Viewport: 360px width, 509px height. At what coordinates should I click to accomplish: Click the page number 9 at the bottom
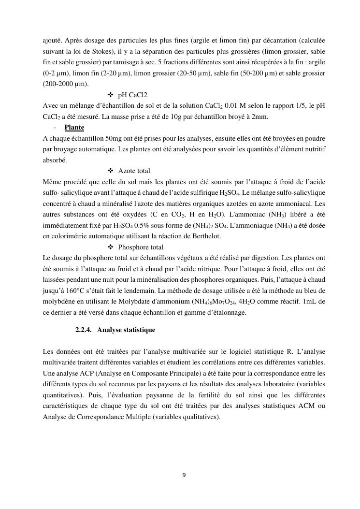point(184,475)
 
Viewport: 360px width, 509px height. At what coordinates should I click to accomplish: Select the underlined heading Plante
point(74,128)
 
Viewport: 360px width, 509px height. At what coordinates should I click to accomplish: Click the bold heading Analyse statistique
point(126,330)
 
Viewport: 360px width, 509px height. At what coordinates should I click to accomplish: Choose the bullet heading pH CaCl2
point(132,95)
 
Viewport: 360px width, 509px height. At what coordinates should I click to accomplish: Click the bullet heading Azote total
point(134,171)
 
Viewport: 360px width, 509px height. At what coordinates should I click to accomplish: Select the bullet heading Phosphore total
point(141,247)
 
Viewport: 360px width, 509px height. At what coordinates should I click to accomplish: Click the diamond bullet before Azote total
point(111,171)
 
